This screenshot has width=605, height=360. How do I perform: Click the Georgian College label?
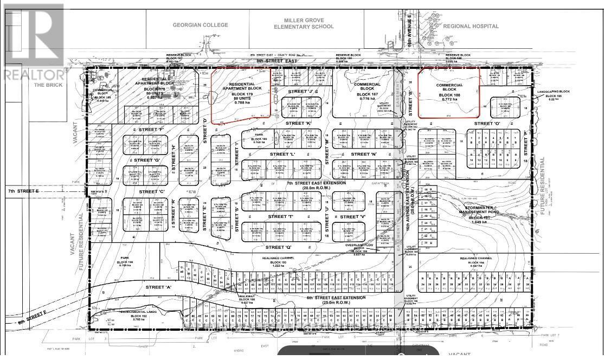pyautogui.click(x=201, y=25)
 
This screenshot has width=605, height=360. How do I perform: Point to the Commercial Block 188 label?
pyautogui.click(x=450, y=90)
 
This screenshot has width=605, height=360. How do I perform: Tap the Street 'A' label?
pyautogui.click(x=158, y=286)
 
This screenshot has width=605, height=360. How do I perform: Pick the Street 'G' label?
pyautogui.click(x=145, y=160)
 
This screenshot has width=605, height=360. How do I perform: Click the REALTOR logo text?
pyautogui.click(x=34, y=73)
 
